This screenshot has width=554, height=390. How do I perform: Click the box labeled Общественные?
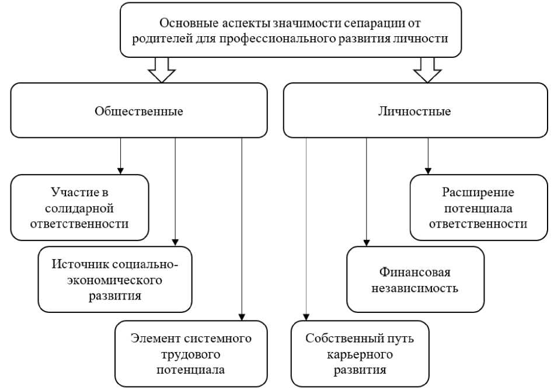pos(139,111)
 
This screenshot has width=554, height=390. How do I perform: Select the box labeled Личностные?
pos(415,111)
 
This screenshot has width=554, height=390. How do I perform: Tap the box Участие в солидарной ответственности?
pos(80,207)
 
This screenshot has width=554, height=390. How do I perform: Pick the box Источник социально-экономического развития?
pos(115,280)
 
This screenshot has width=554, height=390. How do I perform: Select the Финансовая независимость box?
pos(415,280)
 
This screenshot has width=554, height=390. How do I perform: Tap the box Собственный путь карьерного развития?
pos(360,353)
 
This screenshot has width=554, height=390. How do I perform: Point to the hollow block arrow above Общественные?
pos(162,70)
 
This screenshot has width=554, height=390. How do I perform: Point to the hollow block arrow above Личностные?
pos(427,70)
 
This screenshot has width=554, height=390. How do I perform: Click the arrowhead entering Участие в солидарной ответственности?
pos(120,170)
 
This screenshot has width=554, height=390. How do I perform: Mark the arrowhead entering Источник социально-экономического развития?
pos(176,242)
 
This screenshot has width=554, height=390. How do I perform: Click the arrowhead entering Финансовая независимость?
pos(367,242)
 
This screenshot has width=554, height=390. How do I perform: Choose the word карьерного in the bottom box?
pos(360,354)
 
